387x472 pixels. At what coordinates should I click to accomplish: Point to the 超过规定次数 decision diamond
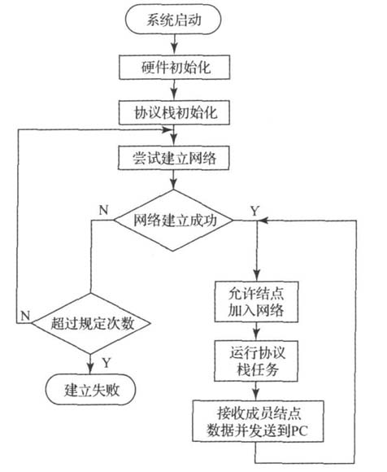[x=89, y=324]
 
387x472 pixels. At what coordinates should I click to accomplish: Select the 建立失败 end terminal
[x=89, y=388]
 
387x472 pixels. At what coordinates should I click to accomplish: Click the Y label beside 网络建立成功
[x=254, y=211]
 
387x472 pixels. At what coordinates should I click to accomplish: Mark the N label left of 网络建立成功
[x=102, y=210]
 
